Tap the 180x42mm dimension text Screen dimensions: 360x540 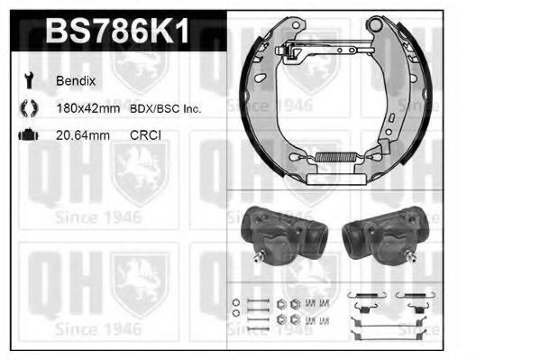coord(88,108)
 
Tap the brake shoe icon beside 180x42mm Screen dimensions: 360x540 coord(26,108)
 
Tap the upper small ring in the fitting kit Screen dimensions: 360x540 coord(236,301)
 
